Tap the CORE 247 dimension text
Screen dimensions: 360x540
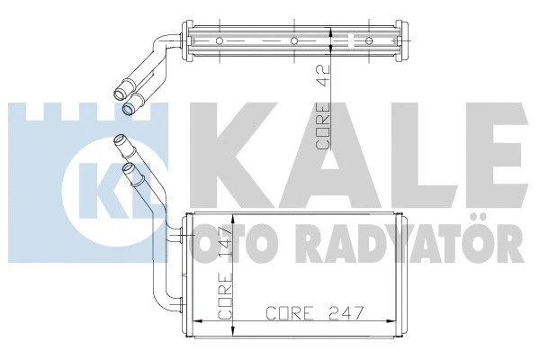click(310, 314)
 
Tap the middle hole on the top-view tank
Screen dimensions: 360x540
click(295, 40)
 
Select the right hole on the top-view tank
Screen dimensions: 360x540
click(369, 40)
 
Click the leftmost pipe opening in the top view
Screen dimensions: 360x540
click(117, 91)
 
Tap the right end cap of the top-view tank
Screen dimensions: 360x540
click(408, 40)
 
